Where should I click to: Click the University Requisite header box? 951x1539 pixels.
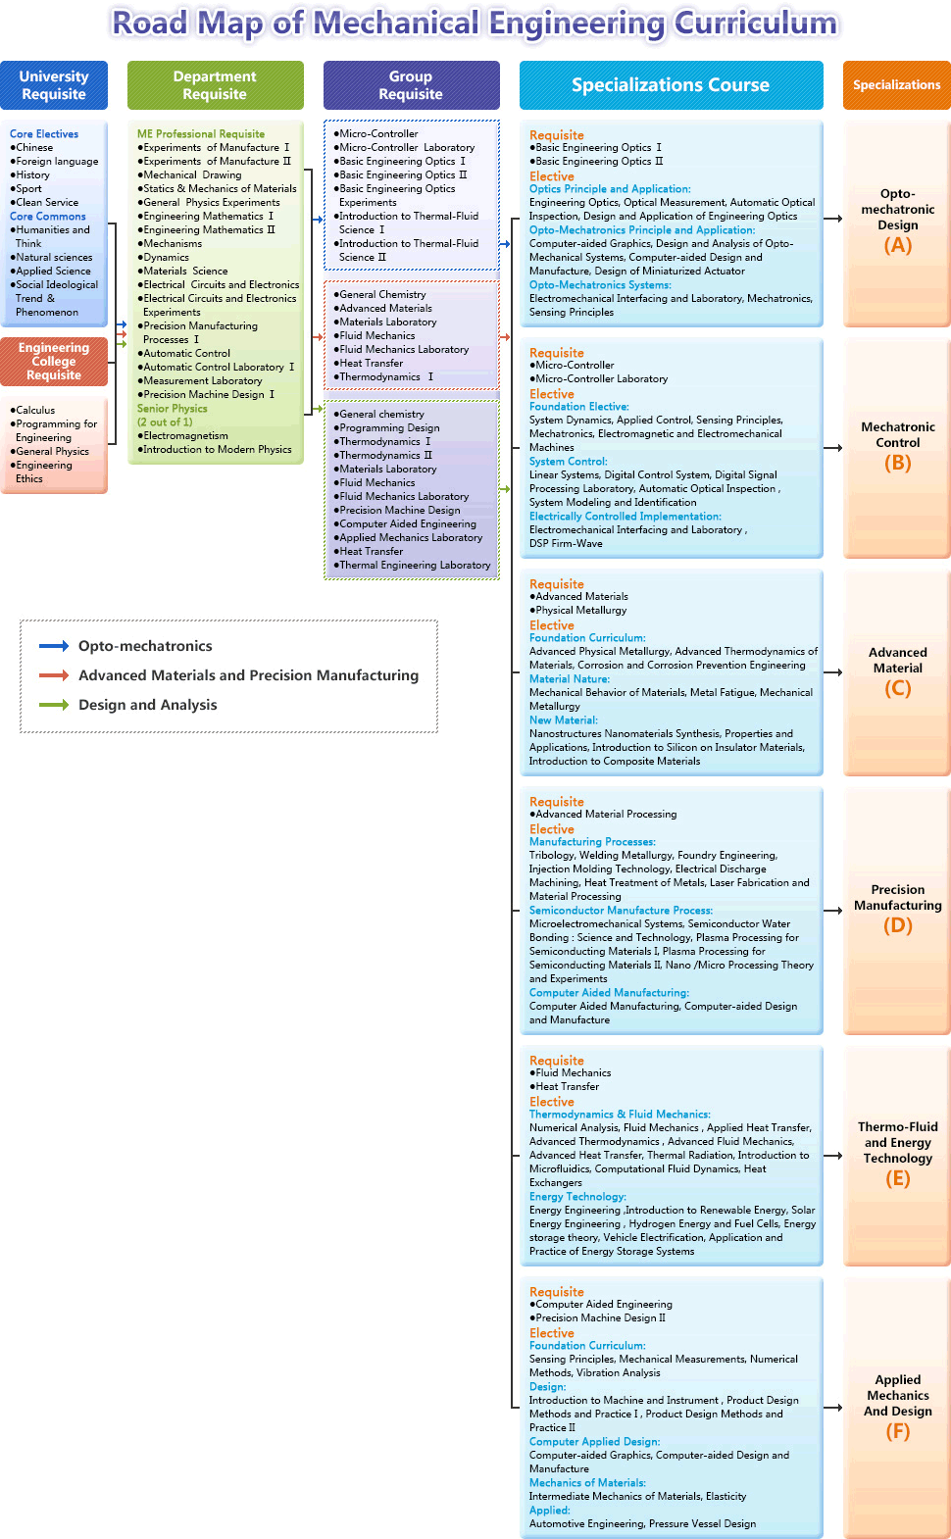[x=54, y=85]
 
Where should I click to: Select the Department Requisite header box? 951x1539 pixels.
[x=215, y=85]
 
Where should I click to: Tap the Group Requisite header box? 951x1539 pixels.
[x=411, y=85]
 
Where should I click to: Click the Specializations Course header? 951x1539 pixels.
[x=671, y=85]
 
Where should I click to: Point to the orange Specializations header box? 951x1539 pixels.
[x=896, y=85]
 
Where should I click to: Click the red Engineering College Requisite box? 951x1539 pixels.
[x=54, y=361]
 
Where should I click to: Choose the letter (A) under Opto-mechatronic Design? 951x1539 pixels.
[x=898, y=245]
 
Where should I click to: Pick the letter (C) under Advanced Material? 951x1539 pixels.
[x=898, y=688]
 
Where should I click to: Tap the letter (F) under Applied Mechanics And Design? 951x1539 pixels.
[x=898, y=1431]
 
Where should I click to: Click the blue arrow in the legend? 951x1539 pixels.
[x=53, y=646]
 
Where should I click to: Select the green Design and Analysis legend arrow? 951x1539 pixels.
[x=53, y=705]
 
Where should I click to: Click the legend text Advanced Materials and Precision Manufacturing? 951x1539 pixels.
[x=248, y=675]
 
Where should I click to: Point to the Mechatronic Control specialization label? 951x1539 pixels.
[x=898, y=435]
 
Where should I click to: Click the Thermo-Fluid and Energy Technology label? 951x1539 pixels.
[x=898, y=1143]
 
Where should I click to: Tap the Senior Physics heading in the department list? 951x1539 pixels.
[x=173, y=409]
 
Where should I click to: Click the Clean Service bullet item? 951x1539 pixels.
[x=46, y=203]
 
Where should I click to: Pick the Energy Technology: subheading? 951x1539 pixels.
[x=577, y=1197]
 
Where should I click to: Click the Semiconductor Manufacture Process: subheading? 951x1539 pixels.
[x=621, y=911]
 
